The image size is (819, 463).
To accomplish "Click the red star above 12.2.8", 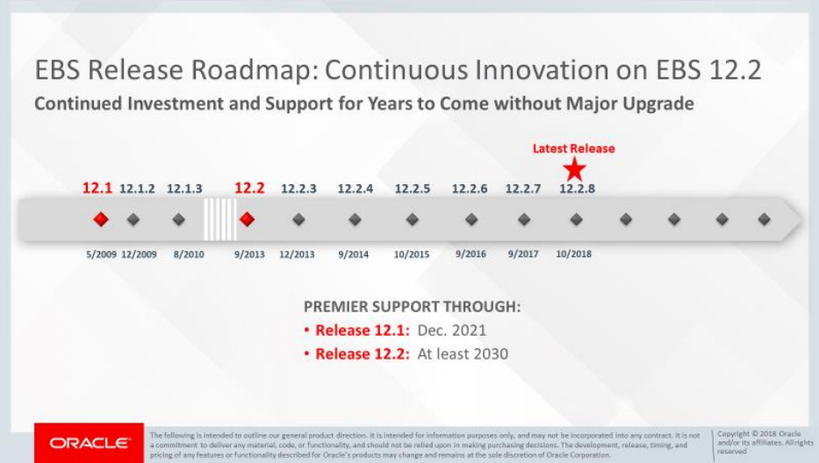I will (x=574, y=168).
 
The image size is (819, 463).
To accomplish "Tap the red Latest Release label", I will (x=573, y=148).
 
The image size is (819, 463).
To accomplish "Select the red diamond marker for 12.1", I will (x=100, y=219).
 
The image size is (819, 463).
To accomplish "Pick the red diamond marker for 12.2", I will (x=247, y=219).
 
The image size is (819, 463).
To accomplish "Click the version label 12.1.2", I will (x=137, y=189).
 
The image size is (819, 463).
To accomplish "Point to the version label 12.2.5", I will (x=413, y=189).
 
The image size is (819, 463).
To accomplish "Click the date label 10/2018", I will (x=574, y=254).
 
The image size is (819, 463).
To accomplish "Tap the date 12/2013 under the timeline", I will (x=298, y=254).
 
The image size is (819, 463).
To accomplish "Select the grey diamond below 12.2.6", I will (x=471, y=219).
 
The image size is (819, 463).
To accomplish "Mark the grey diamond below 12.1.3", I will (x=179, y=219).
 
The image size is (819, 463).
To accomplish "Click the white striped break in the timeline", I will (x=219, y=219).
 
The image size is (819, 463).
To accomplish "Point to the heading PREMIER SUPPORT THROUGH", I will (x=412, y=308).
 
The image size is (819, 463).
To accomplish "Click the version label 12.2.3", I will (x=298, y=189).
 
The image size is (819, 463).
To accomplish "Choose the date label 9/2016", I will (x=471, y=254).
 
